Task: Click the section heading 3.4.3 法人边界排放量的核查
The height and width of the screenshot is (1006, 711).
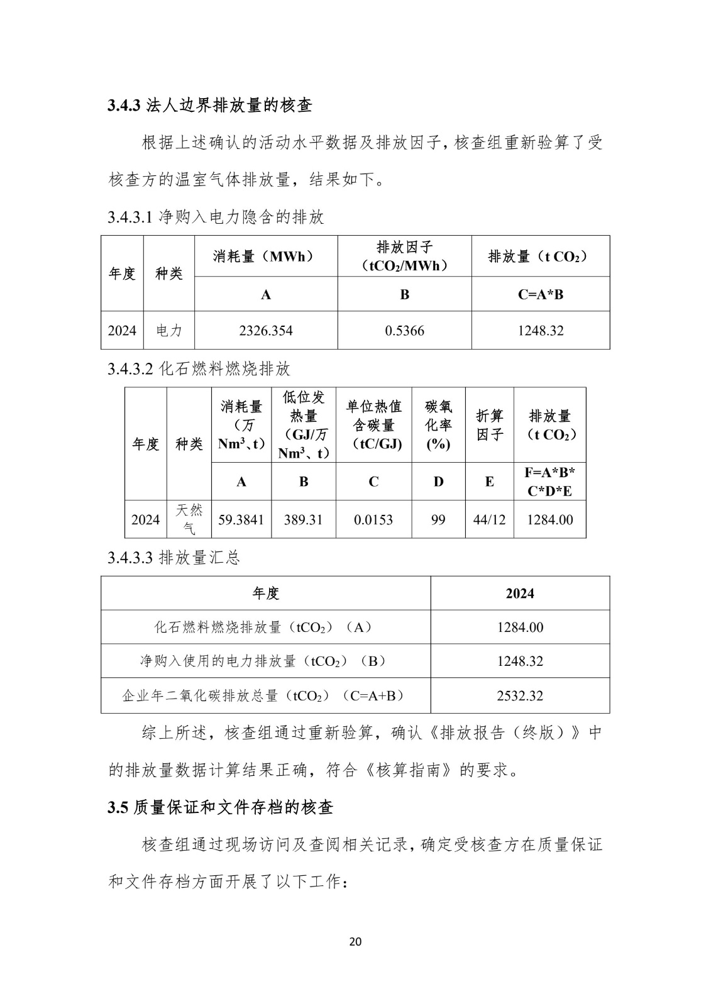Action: [210, 105]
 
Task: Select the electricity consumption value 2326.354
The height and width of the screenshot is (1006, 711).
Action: [265, 330]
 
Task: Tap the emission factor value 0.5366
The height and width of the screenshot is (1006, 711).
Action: [404, 330]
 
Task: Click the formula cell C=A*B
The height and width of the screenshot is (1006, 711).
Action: [540, 294]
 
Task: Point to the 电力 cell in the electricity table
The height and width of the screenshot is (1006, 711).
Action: [168, 330]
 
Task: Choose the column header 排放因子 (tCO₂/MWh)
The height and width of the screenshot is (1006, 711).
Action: [404, 256]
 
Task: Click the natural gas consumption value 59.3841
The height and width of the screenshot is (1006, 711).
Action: [241, 519]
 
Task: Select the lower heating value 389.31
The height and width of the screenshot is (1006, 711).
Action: [303, 519]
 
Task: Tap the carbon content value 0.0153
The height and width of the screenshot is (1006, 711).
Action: [373, 519]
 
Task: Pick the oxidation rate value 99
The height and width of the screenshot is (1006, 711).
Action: [438, 519]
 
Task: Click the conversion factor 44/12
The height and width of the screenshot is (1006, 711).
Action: [489, 519]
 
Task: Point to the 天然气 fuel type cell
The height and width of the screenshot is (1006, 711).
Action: [189, 519]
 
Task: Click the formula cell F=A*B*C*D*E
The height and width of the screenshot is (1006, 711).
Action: [549, 482]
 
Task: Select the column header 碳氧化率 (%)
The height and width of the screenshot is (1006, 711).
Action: [438, 425]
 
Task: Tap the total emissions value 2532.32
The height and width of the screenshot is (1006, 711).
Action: [520, 695]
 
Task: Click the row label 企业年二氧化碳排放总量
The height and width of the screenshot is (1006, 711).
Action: [263, 695]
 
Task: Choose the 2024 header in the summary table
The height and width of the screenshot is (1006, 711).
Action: [520, 593]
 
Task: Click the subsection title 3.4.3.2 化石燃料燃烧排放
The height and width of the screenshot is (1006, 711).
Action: [199, 368]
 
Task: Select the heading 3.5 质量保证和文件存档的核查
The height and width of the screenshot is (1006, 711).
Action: [220, 807]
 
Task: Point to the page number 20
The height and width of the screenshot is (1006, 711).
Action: [355, 941]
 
